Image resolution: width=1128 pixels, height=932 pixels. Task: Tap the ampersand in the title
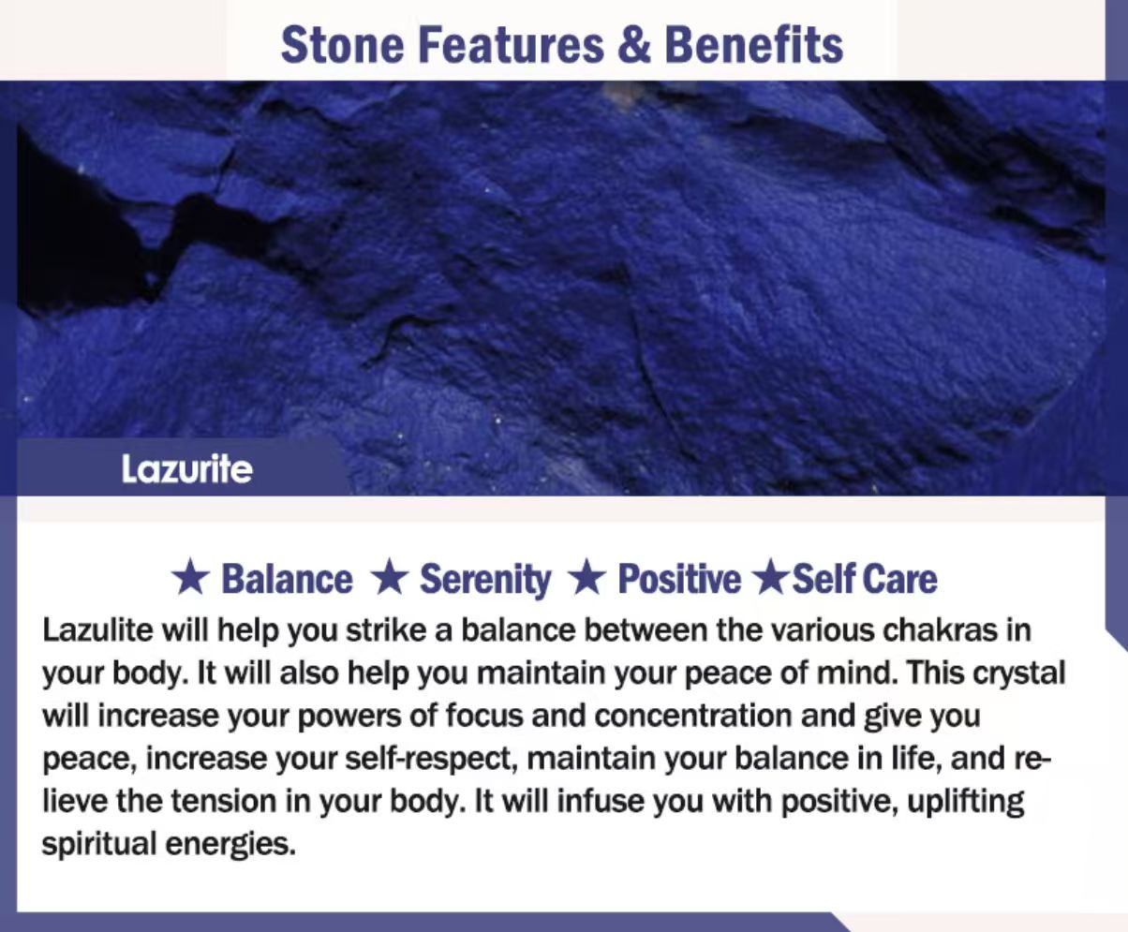pyautogui.click(x=634, y=45)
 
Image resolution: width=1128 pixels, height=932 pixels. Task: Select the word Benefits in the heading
pyautogui.click(x=753, y=45)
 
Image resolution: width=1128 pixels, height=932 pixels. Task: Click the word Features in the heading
pyautogui.click(x=511, y=45)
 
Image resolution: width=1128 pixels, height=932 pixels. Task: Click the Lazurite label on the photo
pyautogui.click(x=187, y=469)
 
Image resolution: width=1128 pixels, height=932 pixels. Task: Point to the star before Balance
pyautogui.click(x=189, y=578)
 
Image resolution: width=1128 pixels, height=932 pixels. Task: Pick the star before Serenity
pyautogui.click(x=389, y=578)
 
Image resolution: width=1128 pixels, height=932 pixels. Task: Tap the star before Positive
pyautogui.click(x=586, y=578)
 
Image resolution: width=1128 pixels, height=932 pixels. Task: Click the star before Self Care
pyautogui.click(x=773, y=578)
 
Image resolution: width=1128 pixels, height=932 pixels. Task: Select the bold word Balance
pyautogui.click(x=287, y=579)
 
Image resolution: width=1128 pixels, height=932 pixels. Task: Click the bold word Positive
pyautogui.click(x=679, y=579)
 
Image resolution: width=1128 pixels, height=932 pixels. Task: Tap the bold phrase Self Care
pyautogui.click(x=865, y=579)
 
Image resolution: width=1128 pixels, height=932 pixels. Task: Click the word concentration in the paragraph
pyautogui.click(x=693, y=716)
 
